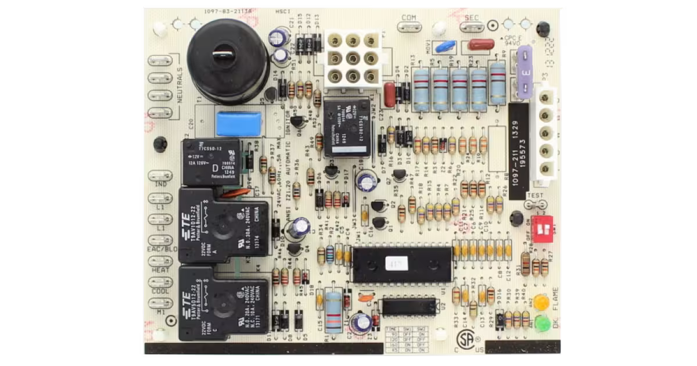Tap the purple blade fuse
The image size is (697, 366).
coord(525,72)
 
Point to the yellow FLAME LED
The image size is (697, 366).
coord(541,303)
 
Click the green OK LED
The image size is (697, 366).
coord(541,323)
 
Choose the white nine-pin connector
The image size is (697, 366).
coord(353,58)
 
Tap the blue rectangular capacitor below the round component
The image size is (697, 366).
coord(239,124)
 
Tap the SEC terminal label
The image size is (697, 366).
coord(472,18)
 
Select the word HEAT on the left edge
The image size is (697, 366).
coord(160,270)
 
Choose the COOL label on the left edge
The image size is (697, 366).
coord(160,291)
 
